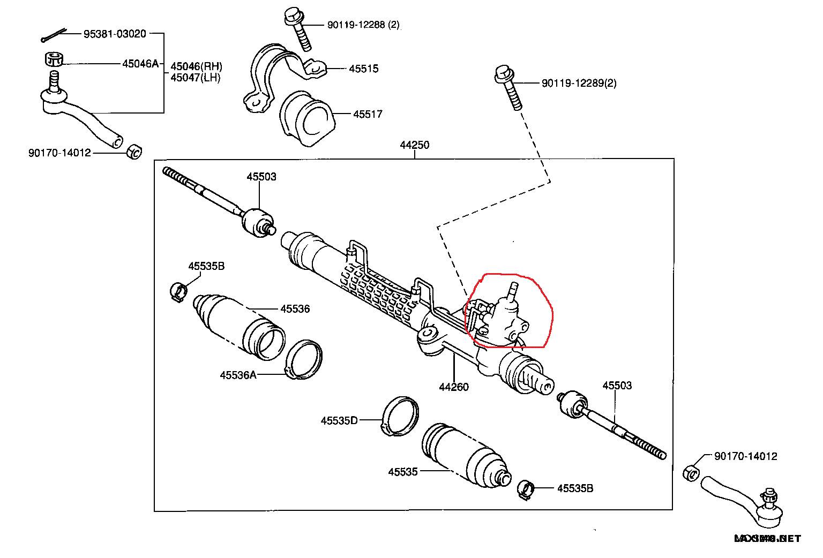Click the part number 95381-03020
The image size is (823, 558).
pyautogui.click(x=115, y=34)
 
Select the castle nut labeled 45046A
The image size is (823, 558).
pyautogui.click(x=53, y=58)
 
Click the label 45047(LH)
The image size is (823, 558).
pyautogui.click(x=196, y=77)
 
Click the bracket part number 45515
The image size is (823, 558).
pyautogui.click(x=363, y=69)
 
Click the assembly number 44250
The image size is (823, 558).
pyautogui.click(x=414, y=145)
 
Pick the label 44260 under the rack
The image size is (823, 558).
pyautogui.click(x=453, y=387)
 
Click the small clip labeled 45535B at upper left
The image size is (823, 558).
pyautogui.click(x=178, y=291)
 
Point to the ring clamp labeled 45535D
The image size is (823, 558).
pyautogui.click(x=401, y=416)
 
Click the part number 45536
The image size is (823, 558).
pyautogui.click(x=295, y=308)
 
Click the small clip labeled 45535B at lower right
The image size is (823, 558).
pyautogui.click(x=527, y=489)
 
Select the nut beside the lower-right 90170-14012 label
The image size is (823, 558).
pyautogui.click(x=691, y=472)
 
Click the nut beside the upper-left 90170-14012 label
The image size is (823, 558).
pyautogui.click(x=133, y=152)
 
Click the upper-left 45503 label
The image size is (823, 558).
pyautogui.click(x=261, y=177)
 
